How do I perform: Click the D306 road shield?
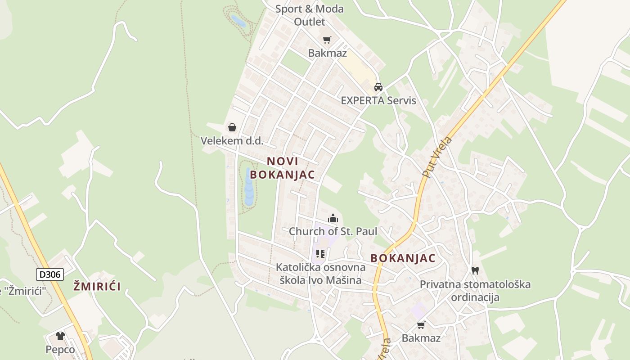click(50, 274)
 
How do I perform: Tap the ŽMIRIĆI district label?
click(97, 286)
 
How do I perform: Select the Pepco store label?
click(60, 349)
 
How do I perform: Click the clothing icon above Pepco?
click(60, 336)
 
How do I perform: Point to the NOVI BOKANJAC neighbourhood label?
click(283, 168)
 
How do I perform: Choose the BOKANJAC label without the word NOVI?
click(403, 258)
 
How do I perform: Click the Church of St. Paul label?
click(333, 231)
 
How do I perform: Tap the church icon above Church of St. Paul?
click(333, 219)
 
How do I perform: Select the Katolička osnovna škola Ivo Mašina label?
click(320, 274)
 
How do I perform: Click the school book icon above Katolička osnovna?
click(320, 254)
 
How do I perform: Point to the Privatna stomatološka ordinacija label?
click(475, 291)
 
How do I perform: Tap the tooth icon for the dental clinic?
click(475, 270)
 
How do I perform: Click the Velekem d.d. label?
click(232, 140)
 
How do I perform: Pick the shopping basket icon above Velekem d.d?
click(232, 127)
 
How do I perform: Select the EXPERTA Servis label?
click(378, 100)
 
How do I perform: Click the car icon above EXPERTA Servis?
click(378, 87)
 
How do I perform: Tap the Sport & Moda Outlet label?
click(309, 15)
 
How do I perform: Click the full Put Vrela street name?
click(437, 156)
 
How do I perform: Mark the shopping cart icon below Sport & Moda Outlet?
click(327, 40)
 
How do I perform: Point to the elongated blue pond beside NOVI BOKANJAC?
click(249, 187)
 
